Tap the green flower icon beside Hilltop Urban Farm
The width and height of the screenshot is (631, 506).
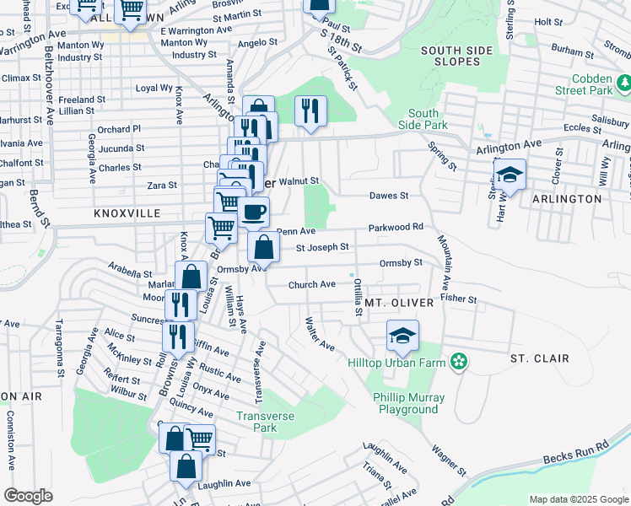coord(459,363)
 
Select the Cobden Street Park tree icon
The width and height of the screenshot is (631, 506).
coord(625,84)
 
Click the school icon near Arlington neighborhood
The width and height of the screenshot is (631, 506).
coord(510,175)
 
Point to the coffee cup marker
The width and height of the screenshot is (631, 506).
coord(253,213)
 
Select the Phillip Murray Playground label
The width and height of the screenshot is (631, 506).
coord(407,403)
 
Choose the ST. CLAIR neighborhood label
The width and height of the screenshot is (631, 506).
coord(539,358)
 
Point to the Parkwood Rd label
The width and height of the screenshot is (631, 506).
coord(396,228)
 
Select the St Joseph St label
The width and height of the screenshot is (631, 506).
coord(322,247)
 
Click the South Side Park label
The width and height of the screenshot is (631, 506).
coord(423,120)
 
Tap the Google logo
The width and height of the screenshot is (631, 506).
coord(28,496)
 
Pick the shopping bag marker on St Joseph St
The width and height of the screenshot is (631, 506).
coord(264,247)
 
